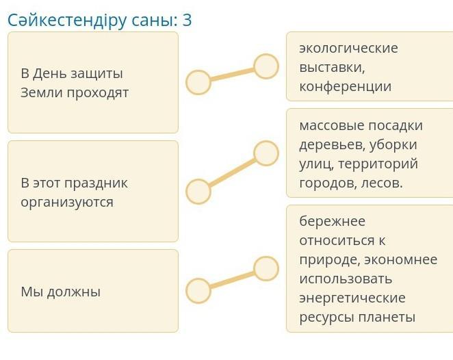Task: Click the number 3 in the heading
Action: pos(187,21)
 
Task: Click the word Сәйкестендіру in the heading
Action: pos(64,21)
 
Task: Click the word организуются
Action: pos(67,202)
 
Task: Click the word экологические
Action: pos(348,48)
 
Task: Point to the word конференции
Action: pos(345,86)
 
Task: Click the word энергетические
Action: pos(352,298)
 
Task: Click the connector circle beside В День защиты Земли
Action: pos(198,82)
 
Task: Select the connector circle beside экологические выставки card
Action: pos(266,66)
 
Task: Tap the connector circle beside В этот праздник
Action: pos(198,192)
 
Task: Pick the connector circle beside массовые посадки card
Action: pos(266,153)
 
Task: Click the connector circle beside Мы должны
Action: pos(198,291)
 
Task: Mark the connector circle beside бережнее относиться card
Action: pos(266,269)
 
